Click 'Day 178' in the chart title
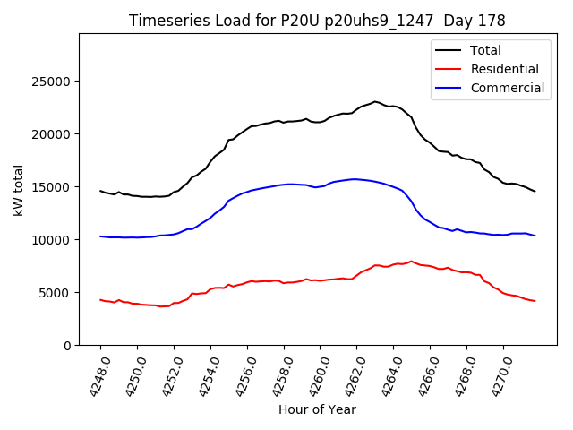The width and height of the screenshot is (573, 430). point(479,21)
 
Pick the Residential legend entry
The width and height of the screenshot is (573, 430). point(504,69)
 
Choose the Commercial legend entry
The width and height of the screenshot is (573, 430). point(507,88)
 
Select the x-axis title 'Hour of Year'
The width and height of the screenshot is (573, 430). point(317,409)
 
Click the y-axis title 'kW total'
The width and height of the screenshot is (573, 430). point(19,190)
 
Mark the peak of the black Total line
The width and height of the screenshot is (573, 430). point(375,102)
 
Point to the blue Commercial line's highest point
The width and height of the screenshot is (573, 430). point(355,179)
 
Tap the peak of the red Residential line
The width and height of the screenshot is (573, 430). point(412,262)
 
